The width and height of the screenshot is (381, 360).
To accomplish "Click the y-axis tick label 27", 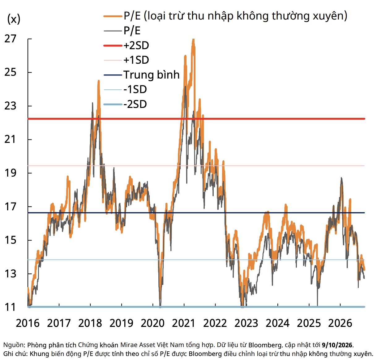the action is pyautogui.click(x=10, y=39).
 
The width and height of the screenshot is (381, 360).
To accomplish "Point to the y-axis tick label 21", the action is pyautogui.click(x=10, y=139).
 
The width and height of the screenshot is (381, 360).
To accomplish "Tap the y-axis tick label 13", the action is pyautogui.click(x=10, y=274).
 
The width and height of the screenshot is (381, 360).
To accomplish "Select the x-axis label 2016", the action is pyautogui.click(x=28, y=323).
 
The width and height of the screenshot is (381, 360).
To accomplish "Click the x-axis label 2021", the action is pyautogui.click(x=184, y=323).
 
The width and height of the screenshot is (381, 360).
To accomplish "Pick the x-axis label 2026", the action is pyautogui.click(x=340, y=323).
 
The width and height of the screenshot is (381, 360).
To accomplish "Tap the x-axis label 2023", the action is pyautogui.click(x=246, y=323).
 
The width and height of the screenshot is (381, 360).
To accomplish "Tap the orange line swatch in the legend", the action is pyautogui.click(x=113, y=16).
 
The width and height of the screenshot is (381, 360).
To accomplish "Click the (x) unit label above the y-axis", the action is pyautogui.click(x=14, y=19).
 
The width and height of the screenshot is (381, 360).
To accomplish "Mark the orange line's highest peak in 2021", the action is pyautogui.click(x=193, y=39).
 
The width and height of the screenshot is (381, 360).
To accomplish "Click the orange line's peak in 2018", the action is pyautogui.click(x=99, y=81).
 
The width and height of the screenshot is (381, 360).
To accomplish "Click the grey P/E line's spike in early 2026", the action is pyautogui.click(x=341, y=178).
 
